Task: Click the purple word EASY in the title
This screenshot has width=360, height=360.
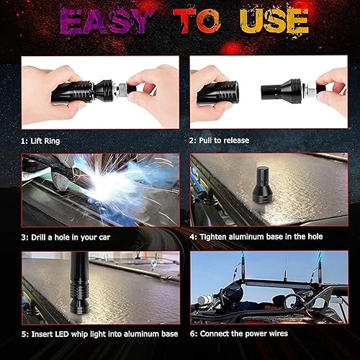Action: (104, 21)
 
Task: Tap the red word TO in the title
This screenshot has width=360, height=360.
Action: (197, 21)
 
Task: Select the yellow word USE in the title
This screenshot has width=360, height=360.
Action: (274, 21)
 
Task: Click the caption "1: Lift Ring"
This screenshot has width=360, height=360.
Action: (40, 141)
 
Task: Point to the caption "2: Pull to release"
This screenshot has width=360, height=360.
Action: (219, 140)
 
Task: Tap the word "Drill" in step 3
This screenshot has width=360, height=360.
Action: (39, 237)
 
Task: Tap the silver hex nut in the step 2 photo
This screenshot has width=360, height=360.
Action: (310, 89)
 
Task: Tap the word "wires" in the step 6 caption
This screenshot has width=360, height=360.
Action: (278, 333)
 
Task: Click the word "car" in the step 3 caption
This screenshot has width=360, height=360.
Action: (104, 238)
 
